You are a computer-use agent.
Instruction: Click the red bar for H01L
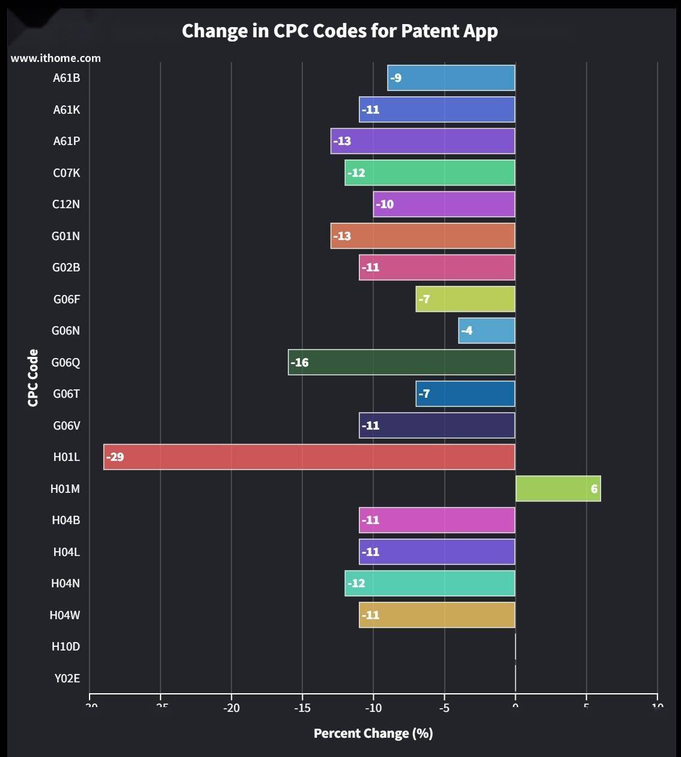[x=310, y=457]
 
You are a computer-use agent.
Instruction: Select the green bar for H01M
[x=558, y=489]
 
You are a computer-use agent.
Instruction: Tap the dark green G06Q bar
[x=402, y=362]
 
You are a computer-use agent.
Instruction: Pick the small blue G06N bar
[x=487, y=330]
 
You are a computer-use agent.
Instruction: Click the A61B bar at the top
[x=451, y=78]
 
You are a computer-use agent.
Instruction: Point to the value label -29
[x=115, y=457]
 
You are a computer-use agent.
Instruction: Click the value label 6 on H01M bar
[x=594, y=489]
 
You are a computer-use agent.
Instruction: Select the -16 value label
[x=299, y=362]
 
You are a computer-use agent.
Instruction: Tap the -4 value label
[x=467, y=330]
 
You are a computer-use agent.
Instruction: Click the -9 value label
[x=395, y=78]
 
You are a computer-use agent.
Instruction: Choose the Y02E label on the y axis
[x=67, y=678]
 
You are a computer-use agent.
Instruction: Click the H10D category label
[x=66, y=646]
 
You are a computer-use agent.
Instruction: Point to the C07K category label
[x=66, y=173]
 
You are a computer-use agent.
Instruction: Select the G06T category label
[x=66, y=394]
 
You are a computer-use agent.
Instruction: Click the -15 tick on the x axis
[x=302, y=708]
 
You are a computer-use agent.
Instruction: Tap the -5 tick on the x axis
[x=444, y=708]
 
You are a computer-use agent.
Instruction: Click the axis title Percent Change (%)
[x=373, y=733]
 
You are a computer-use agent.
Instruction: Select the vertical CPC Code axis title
[x=33, y=378]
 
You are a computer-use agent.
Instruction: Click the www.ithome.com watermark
[x=56, y=58]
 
